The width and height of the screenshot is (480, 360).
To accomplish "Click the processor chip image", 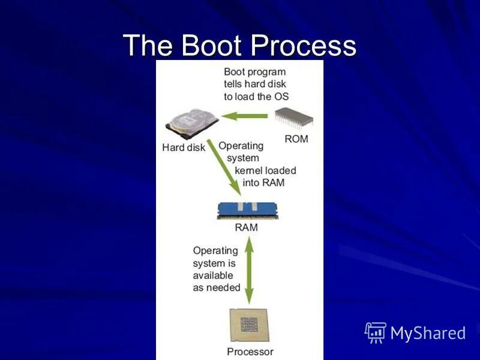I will click(250, 325).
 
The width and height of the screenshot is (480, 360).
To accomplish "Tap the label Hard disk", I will click(184, 148).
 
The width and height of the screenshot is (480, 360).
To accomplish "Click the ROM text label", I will click(296, 139).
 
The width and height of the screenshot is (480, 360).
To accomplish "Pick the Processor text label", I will click(250, 352).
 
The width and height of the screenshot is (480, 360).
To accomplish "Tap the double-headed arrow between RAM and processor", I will click(249, 269).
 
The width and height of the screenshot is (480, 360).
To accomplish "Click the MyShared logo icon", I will click(375, 332).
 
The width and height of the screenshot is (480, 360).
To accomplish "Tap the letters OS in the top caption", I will click(281, 96).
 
